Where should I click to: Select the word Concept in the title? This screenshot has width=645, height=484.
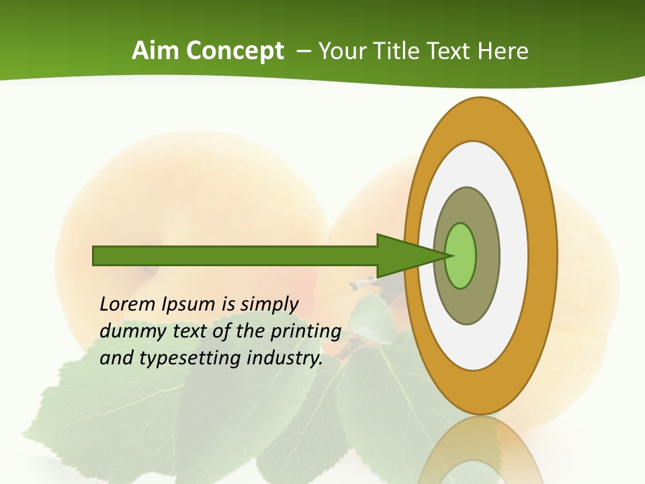pyautogui.click(x=235, y=52)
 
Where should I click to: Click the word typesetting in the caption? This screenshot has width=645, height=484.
pyautogui.click(x=190, y=358)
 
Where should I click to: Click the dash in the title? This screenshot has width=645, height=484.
pyautogui.click(x=302, y=52)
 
